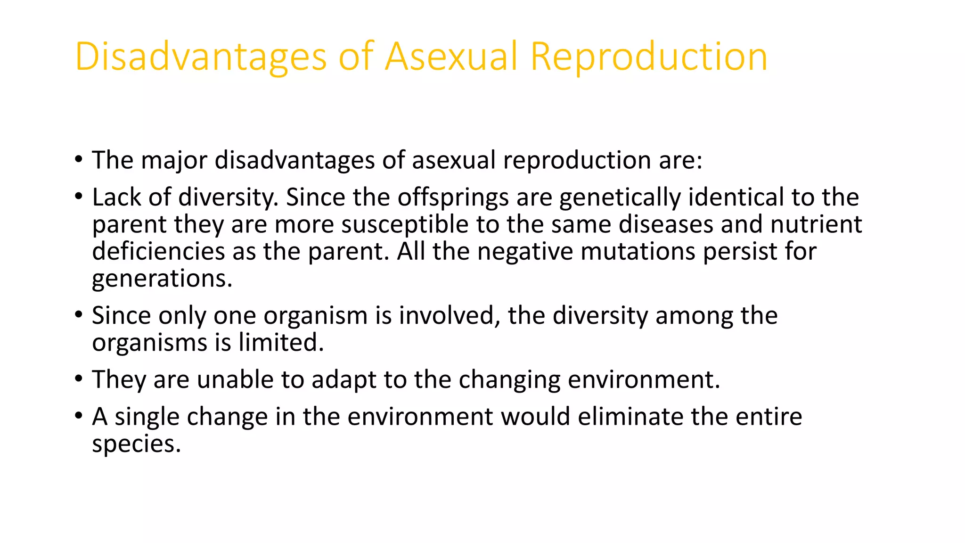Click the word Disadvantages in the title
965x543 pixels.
pyautogui.click(x=200, y=57)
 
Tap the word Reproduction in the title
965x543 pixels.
pyautogui.click(x=649, y=57)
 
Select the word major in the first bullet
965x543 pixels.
pyautogui.click(x=174, y=160)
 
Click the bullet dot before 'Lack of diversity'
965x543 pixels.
pyautogui.click(x=78, y=196)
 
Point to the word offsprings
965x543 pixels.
pyautogui.click(x=453, y=197)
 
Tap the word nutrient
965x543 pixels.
pyautogui.click(x=816, y=224)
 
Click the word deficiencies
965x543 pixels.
pyautogui.click(x=158, y=251)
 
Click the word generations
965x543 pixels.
pyautogui.click(x=162, y=279)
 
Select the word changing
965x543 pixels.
pyautogui.click(x=509, y=379)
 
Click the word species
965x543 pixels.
pyautogui.click(x=136, y=444)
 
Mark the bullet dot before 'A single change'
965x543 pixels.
pyautogui.click(x=78, y=416)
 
